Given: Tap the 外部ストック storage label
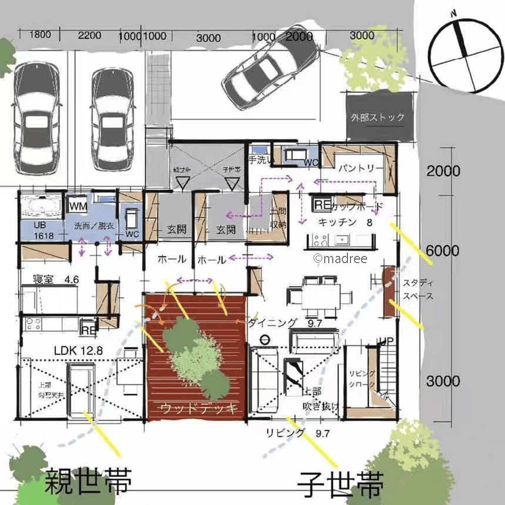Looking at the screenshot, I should point(378,118).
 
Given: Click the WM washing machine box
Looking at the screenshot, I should point(78,206).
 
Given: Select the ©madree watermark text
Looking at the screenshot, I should point(340,259).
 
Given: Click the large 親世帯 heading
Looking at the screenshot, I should point(88,482).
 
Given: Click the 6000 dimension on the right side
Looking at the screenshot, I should point(443,251).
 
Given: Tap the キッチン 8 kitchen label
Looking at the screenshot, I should point(345,222).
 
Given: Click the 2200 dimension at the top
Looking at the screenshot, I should point(90,35).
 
